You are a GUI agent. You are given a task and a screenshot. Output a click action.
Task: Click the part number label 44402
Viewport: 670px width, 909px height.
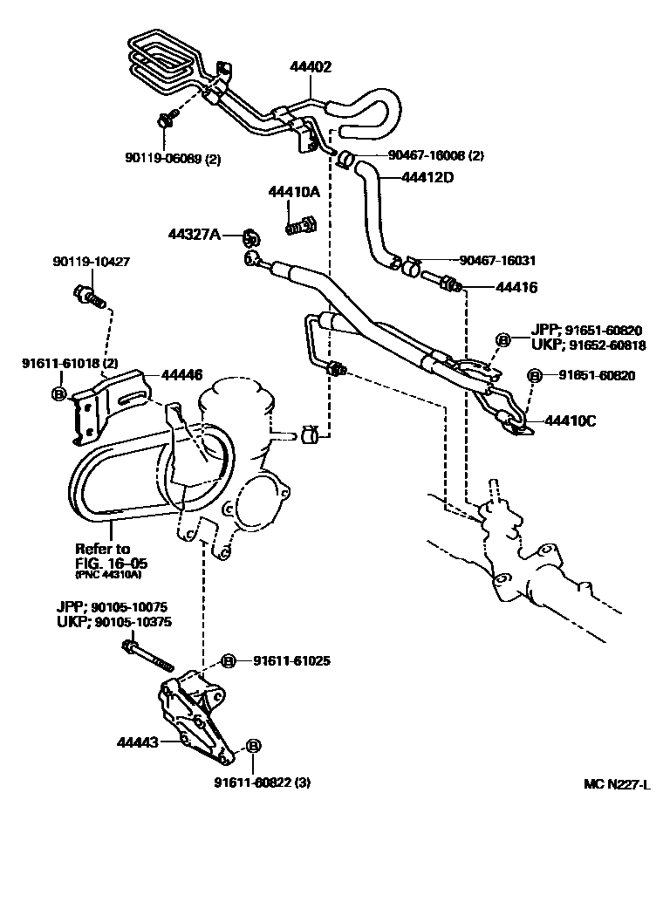pos(311,66)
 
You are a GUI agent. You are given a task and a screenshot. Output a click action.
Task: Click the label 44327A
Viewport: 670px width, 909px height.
pos(195,234)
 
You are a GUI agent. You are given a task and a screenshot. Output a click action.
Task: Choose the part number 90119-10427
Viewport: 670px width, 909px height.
pos(91,261)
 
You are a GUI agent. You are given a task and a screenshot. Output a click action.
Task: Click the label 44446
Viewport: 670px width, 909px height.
pos(181,375)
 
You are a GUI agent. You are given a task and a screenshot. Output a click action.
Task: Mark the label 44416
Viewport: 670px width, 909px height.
pos(516,287)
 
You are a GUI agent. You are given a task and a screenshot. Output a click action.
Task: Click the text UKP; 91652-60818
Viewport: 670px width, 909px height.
pos(587,345)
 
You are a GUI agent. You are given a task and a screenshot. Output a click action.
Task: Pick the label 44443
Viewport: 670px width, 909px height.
pos(138,743)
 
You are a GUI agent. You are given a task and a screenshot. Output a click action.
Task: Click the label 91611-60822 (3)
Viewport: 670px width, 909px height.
pos(262,783)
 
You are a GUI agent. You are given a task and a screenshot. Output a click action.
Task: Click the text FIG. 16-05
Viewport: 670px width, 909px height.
pos(110,563)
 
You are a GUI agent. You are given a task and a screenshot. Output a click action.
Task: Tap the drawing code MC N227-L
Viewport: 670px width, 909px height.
pos(617,783)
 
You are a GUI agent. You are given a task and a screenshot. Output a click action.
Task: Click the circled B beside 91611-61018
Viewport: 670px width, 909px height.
pos(59,394)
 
